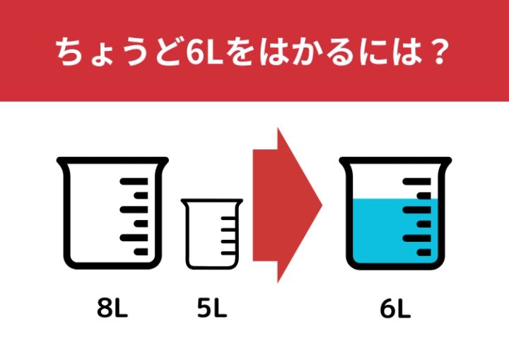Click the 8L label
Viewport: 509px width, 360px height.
pos(112,308)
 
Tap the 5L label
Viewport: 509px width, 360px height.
pos(212,308)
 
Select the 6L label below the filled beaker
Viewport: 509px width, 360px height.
pos(395,308)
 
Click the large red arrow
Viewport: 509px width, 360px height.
pos(287,205)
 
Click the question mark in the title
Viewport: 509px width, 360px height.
pos(440,52)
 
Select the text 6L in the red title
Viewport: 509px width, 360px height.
pos(204,52)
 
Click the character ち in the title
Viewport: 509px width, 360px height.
pos(69,52)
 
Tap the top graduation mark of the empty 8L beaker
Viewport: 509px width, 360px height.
pos(134,181)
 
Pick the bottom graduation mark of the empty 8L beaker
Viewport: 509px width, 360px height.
pos(141,252)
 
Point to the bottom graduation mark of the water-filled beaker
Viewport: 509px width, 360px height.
pos(423,252)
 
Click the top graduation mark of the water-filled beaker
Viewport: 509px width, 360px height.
pos(417,181)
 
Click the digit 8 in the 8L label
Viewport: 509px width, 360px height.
pos(105,308)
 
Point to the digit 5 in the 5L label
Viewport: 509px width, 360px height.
pos(204,308)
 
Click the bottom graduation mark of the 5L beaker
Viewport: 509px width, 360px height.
pos(228,252)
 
